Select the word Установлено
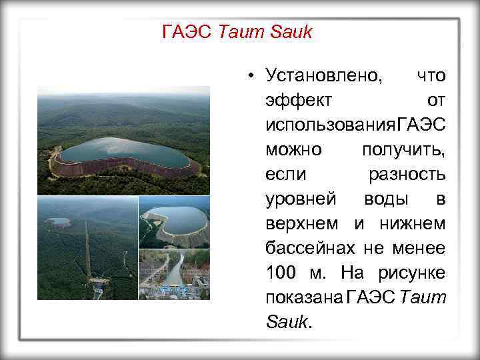click(323, 75)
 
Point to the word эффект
click(297, 99)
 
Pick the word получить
click(403, 150)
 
